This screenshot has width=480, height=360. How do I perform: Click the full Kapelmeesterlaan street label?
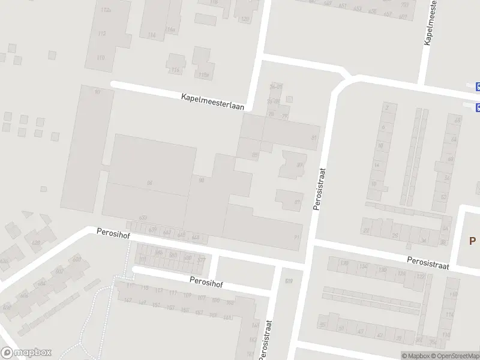coord(214,100)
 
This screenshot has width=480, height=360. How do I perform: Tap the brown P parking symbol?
coord(472,241)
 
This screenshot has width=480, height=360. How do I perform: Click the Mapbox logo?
coord(26,353)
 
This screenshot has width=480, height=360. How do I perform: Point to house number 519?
coord(289,281)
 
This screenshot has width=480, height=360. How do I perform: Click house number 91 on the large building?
coord(296,238)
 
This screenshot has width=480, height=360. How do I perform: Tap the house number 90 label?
coord(202,180)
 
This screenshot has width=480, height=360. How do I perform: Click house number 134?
coord(363,266)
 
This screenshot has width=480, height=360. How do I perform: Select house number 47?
coord(360,331)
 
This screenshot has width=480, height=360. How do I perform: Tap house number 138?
coord(344,263)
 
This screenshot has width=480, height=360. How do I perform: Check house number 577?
coord(201,259)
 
